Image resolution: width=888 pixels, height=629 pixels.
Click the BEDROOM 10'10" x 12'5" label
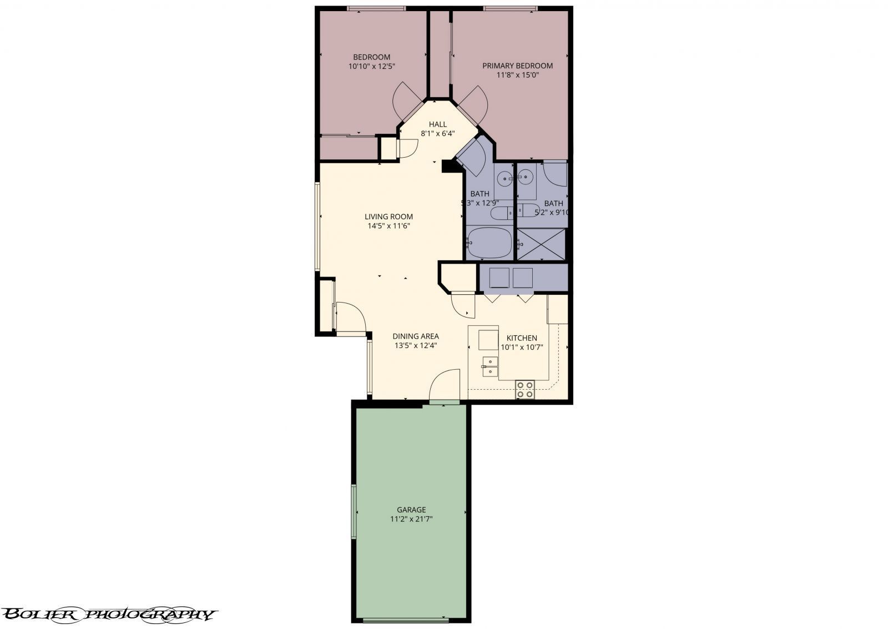coord(371,61)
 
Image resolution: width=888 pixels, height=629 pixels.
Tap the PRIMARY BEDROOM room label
coord(517,69)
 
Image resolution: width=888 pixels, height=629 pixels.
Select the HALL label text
coord(437,128)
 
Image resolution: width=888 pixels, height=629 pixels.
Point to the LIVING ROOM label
coord(389,221)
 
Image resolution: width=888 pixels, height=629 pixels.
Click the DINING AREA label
coord(416,340)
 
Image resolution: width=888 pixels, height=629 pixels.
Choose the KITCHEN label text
coord(521,342)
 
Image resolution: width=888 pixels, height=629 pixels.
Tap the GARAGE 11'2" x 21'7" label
coord(411,514)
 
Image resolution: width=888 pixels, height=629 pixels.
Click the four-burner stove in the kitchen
coord(524,389)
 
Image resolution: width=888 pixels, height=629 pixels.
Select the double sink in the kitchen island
coord(490,367)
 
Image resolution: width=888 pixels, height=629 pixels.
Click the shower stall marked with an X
coord(541,244)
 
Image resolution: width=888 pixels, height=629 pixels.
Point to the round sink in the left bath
coord(504,179)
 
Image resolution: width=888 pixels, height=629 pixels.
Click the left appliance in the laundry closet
coord(499,278)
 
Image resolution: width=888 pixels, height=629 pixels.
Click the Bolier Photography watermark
coord(108,598)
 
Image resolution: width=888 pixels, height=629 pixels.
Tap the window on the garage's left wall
coord(353,511)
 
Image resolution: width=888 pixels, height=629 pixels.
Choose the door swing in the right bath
coord(555,173)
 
